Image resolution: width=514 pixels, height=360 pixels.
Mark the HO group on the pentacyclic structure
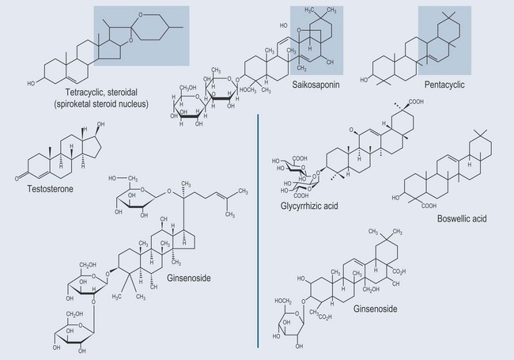(x=365, y=81)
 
